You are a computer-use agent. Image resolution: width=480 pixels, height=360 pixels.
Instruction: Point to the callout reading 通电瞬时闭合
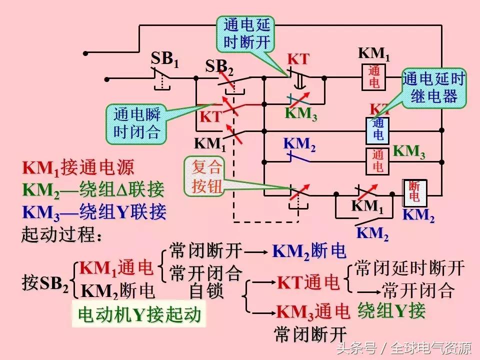[136, 123]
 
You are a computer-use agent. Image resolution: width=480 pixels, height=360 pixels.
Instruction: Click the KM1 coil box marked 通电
[374, 77]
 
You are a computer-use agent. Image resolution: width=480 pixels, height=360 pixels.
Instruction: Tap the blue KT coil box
[378, 129]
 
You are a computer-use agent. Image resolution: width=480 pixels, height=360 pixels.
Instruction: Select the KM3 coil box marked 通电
[378, 161]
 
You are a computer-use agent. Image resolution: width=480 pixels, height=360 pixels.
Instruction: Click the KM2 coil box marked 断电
[414, 192]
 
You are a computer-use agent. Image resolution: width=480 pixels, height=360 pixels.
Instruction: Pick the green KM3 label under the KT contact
[301, 113]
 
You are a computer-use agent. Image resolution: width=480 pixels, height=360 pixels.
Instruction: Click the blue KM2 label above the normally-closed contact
[299, 144]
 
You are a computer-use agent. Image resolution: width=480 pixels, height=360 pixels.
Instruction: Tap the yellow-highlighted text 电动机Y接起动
[139, 314]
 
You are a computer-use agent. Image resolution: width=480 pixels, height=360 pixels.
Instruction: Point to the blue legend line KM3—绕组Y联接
[94, 212]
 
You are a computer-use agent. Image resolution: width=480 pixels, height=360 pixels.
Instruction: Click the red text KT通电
[308, 283]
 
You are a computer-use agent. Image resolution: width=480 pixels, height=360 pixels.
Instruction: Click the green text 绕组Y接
[391, 311]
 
